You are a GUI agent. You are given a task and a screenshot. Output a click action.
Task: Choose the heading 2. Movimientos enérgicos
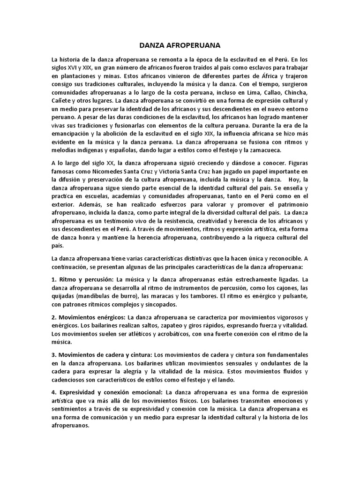pyautogui.click(x=94, y=317)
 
